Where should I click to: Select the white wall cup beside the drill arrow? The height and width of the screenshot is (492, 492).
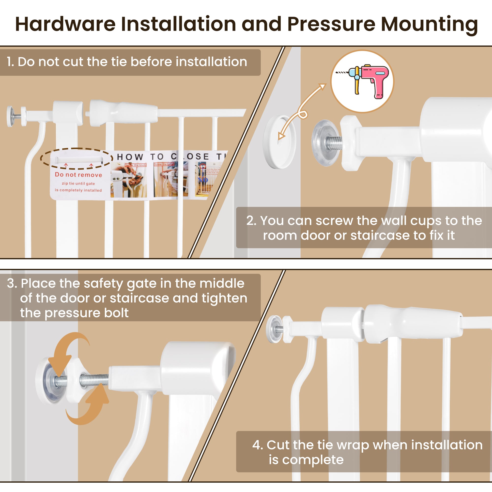click(279, 142)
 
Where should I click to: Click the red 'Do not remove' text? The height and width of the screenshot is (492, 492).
click(78, 175)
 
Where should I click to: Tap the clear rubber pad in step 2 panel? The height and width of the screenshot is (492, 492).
click(322, 143)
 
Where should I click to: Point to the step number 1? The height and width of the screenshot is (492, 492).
click(10, 62)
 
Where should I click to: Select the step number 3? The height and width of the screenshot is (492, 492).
click(12, 283)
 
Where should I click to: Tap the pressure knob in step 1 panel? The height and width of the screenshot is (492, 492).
click(12, 116)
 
